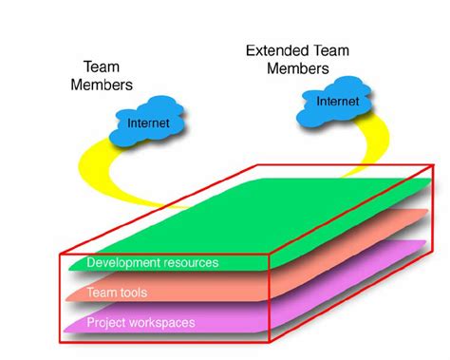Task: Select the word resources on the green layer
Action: pyautogui.click(x=189, y=262)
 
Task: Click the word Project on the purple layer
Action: pyautogui.click(x=106, y=323)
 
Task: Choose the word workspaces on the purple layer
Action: pyautogui.click(x=162, y=323)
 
